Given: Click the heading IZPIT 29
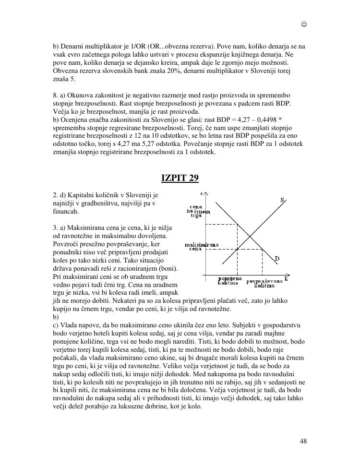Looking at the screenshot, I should tap(180, 178).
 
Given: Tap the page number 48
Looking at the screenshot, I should tap(303, 441).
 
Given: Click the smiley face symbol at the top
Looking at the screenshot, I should tap(304, 24).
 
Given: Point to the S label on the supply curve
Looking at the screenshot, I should tap(282, 200).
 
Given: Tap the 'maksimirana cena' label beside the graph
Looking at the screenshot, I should tap(198, 247).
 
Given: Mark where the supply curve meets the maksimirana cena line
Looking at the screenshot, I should tap(237, 249).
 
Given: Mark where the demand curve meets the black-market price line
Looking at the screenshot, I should tap(237, 224).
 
